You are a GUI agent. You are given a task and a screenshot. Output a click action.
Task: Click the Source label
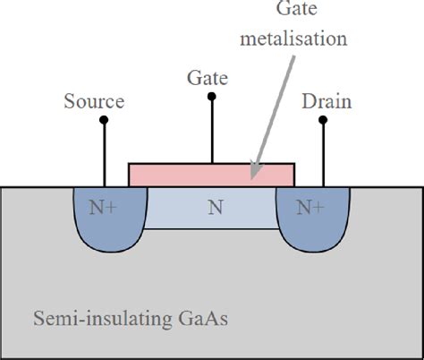click(94, 102)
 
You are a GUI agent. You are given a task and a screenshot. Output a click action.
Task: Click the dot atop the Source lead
click(105, 119)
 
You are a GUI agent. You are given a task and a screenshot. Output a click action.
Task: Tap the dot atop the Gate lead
click(212, 96)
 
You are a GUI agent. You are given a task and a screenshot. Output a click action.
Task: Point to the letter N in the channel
click(215, 208)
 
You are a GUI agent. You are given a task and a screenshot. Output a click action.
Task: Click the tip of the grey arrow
click(252, 174)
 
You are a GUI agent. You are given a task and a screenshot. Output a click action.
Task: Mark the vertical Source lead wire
click(105, 152)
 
